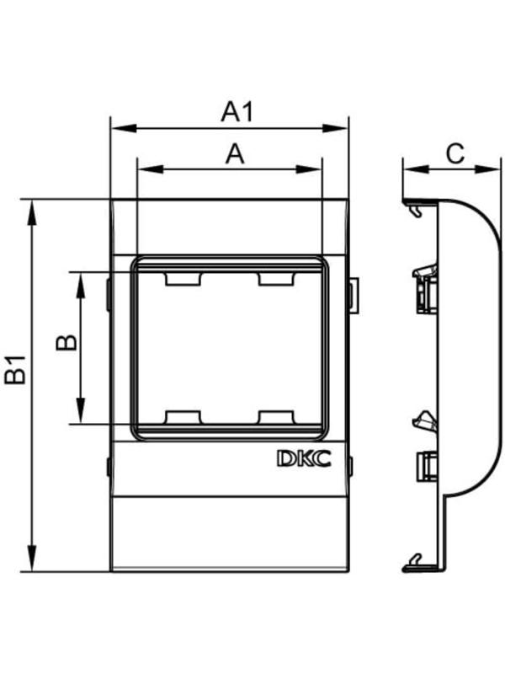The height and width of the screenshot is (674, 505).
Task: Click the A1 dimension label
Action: pos(237,112)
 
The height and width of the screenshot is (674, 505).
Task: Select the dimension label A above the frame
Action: pos(235,154)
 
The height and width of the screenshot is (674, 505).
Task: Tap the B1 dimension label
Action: pos(15,370)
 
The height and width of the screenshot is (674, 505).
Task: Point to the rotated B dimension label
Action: pos(66,343)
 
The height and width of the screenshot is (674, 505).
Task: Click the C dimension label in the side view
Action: pos(454,153)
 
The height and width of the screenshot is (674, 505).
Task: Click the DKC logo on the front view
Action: pos(304,458)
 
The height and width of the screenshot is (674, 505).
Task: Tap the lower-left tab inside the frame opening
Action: pos(183,417)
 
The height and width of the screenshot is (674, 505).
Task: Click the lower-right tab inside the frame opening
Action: pos(276,417)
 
